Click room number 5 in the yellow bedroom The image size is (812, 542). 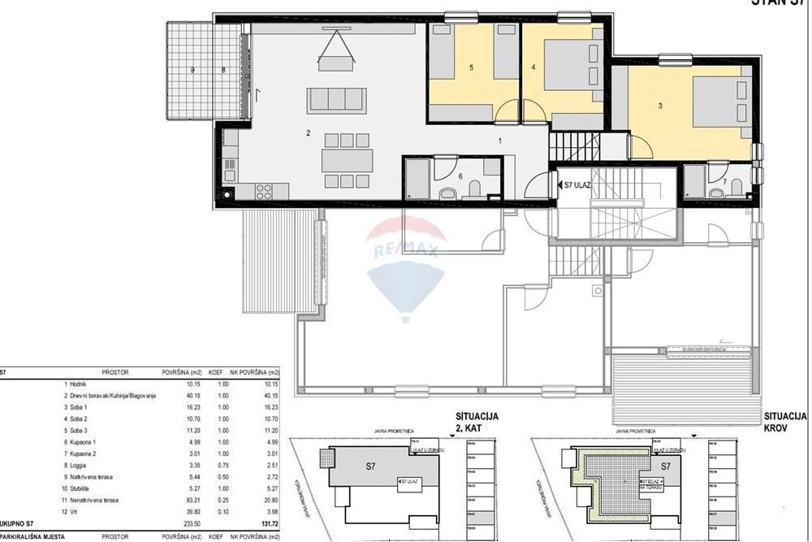pos(471,68)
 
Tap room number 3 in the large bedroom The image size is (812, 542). pos(660,105)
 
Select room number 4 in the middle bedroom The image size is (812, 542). pos(533,67)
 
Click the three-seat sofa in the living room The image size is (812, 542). pos(336,100)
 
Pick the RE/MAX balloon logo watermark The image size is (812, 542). pos(405,260)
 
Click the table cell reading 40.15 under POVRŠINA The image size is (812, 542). pos(175,396)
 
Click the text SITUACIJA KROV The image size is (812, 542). pos(785,422)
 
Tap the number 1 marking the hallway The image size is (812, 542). pos(500,141)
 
